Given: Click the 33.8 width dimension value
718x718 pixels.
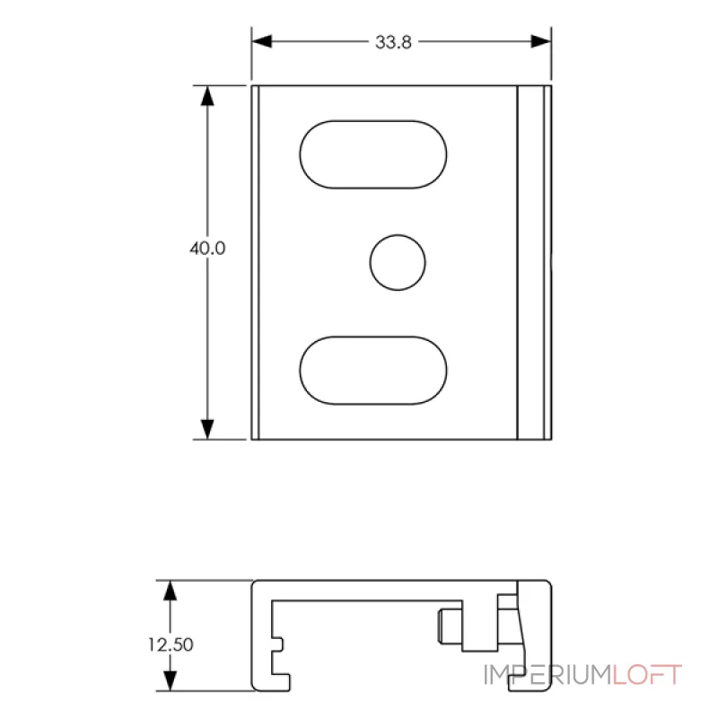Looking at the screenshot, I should pyautogui.click(x=394, y=42).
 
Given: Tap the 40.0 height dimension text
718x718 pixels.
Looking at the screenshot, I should pyautogui.click(x=206, y=249).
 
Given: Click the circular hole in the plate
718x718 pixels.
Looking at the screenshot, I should pyautogui.click(x=398, y=263).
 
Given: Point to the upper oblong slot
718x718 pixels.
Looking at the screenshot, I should pyautogui.click(x=372, y=154).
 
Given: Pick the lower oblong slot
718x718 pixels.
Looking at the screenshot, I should pyautogui.click(x=372, y=371).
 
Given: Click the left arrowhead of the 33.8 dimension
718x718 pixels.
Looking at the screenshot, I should pyautogui.click(x=260, y=41).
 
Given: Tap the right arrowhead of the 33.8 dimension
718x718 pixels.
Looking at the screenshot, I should pyautogui.click(x=541, y=41).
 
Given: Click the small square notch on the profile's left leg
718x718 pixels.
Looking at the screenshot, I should pyautogui.click(x=280, y=644).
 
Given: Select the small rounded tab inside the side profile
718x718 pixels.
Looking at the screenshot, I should pyautogui.click(x=446, y=626).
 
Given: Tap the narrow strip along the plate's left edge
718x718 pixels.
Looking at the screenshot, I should pyautogui.click(x=256, y=263).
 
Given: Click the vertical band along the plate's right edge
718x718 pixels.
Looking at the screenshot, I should pyautogui.click(x=531, y=263).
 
